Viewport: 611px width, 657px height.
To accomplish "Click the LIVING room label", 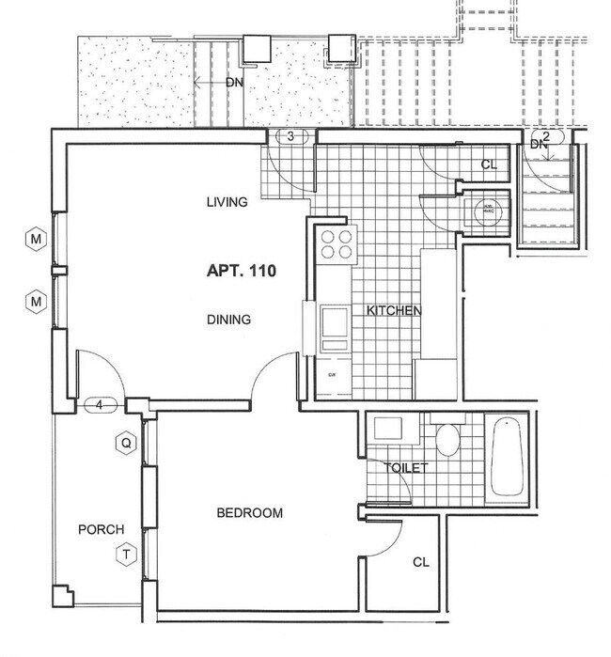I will point(227,202).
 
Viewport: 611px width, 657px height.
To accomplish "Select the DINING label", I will point(228,320).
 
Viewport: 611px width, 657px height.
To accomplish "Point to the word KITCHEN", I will point(393,311).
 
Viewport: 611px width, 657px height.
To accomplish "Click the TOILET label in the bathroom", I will point(405,467).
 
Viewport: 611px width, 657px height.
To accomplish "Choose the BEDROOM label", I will point(249,512).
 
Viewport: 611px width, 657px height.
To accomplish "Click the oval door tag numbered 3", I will point(291,137).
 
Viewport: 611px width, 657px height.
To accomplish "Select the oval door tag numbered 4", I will point(100,406).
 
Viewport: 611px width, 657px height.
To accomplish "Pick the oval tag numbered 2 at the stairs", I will point(545,135).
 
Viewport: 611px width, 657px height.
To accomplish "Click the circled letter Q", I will point(123,441).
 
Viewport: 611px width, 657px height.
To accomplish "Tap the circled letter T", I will point(124,555).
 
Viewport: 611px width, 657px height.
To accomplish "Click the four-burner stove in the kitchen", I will point(337,244).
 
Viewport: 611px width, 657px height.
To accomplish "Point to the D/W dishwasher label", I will point(332,375).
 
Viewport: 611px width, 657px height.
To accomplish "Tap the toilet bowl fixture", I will point(447,439).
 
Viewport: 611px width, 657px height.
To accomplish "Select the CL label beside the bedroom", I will point(421,562).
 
